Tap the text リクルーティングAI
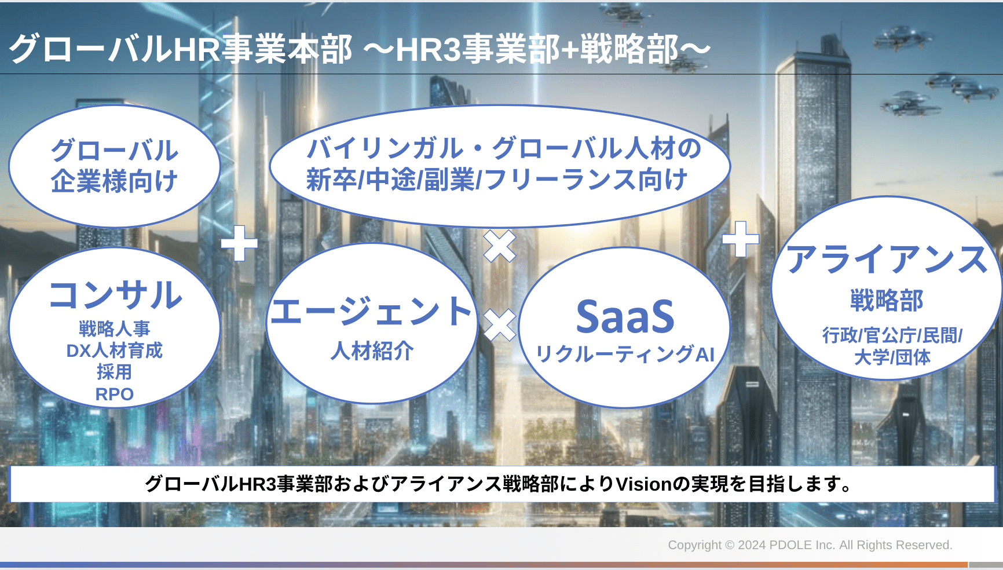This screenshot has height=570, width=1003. (625, 354)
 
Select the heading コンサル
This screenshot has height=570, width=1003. (115, 295)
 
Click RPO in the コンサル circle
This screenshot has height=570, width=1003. (115, 394)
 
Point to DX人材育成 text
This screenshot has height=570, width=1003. (115, 350)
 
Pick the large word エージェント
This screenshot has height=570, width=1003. (371, 311)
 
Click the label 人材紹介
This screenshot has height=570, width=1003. (372, 350)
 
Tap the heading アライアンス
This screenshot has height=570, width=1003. (887, 259)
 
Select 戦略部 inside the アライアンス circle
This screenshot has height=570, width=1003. (887, 300)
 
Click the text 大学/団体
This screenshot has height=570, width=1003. (892, 357)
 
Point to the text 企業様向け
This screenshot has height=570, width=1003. (114, 181)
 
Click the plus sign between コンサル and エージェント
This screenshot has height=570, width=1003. (239, 243)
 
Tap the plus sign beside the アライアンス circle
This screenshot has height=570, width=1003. (741, 239)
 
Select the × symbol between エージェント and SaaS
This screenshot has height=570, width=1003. (500, 325)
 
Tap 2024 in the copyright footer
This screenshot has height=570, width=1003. (752, 545)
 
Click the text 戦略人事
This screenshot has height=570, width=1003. (115, 328)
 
